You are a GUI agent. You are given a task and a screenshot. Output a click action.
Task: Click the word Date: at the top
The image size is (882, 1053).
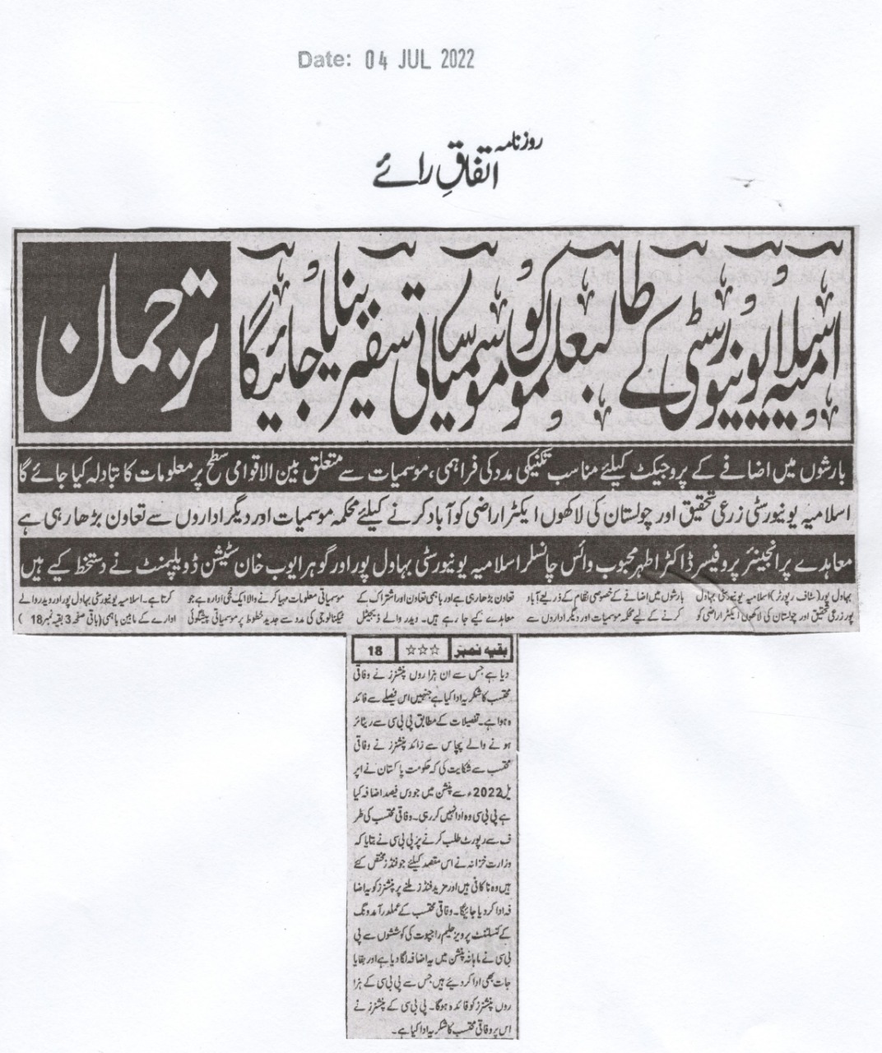[323, 59]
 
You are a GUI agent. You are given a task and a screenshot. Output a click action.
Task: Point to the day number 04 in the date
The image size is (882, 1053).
[371, 59]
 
